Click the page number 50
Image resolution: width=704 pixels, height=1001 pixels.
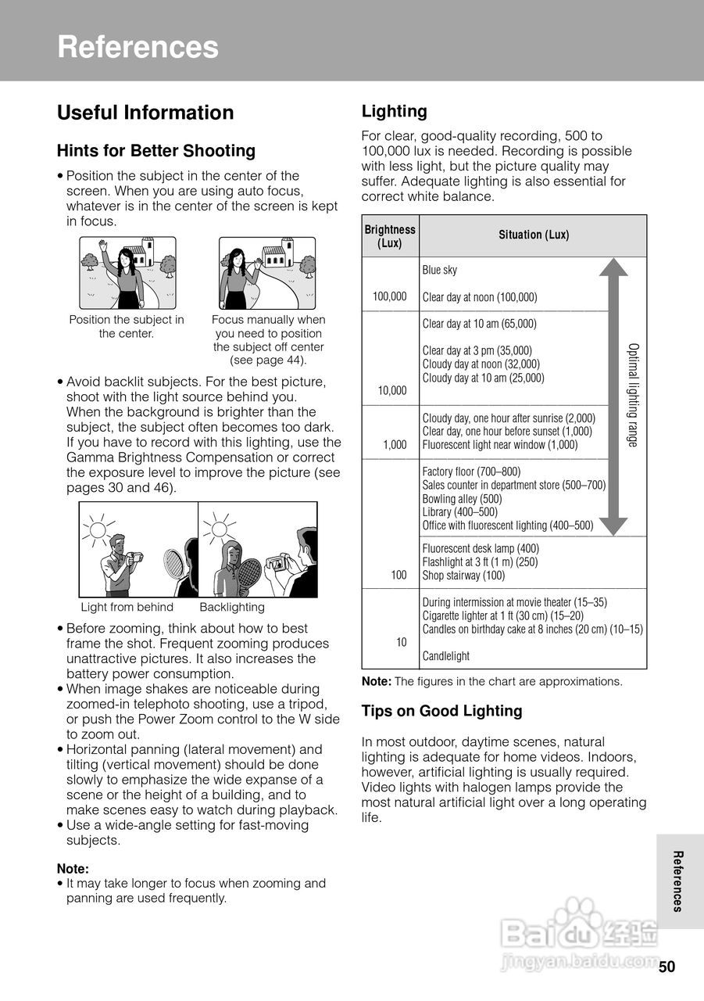pyautogui.click(x=666, y=967)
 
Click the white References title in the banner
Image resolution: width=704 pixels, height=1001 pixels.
pyautogui.click(x=138, y=47)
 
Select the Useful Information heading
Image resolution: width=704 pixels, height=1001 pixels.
pyautogui.click(x=145, y=113)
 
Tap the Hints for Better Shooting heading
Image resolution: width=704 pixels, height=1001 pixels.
pyautogui.click(x=156, y=151)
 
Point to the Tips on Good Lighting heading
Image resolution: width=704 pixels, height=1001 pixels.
pyautogui.click(x=441, y=711)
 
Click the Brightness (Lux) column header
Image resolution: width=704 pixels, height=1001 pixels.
pyautogui.click(x=390, y=236)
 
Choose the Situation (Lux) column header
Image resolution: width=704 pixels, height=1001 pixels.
pyautogui.click(x=534, y=235)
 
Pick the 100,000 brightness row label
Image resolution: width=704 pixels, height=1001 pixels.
pyautogui.click(x=390, y=296)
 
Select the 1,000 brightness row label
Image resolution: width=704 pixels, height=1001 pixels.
pyautogui.click(x=395, y=445)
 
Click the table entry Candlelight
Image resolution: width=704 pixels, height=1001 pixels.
pyautogui.click(x=446, y=656)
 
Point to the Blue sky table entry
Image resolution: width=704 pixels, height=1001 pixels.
pyautogui.click(x=440, y=270)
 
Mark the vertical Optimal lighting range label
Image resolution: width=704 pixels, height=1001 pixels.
pyautogui.click(x=633, y=395)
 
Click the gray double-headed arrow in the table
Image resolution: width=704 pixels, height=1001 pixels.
pyautogui.click(x=613, y=395)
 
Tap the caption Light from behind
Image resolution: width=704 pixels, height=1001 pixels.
pyautogui.click(x=127, y=608)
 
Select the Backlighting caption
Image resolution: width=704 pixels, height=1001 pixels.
pyautogui.click(x=232, y=608)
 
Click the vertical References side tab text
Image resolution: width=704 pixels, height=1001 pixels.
pyautogui.click(x=678, y=881)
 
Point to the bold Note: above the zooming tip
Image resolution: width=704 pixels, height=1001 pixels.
pyautogui.click(x=73, y=869)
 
